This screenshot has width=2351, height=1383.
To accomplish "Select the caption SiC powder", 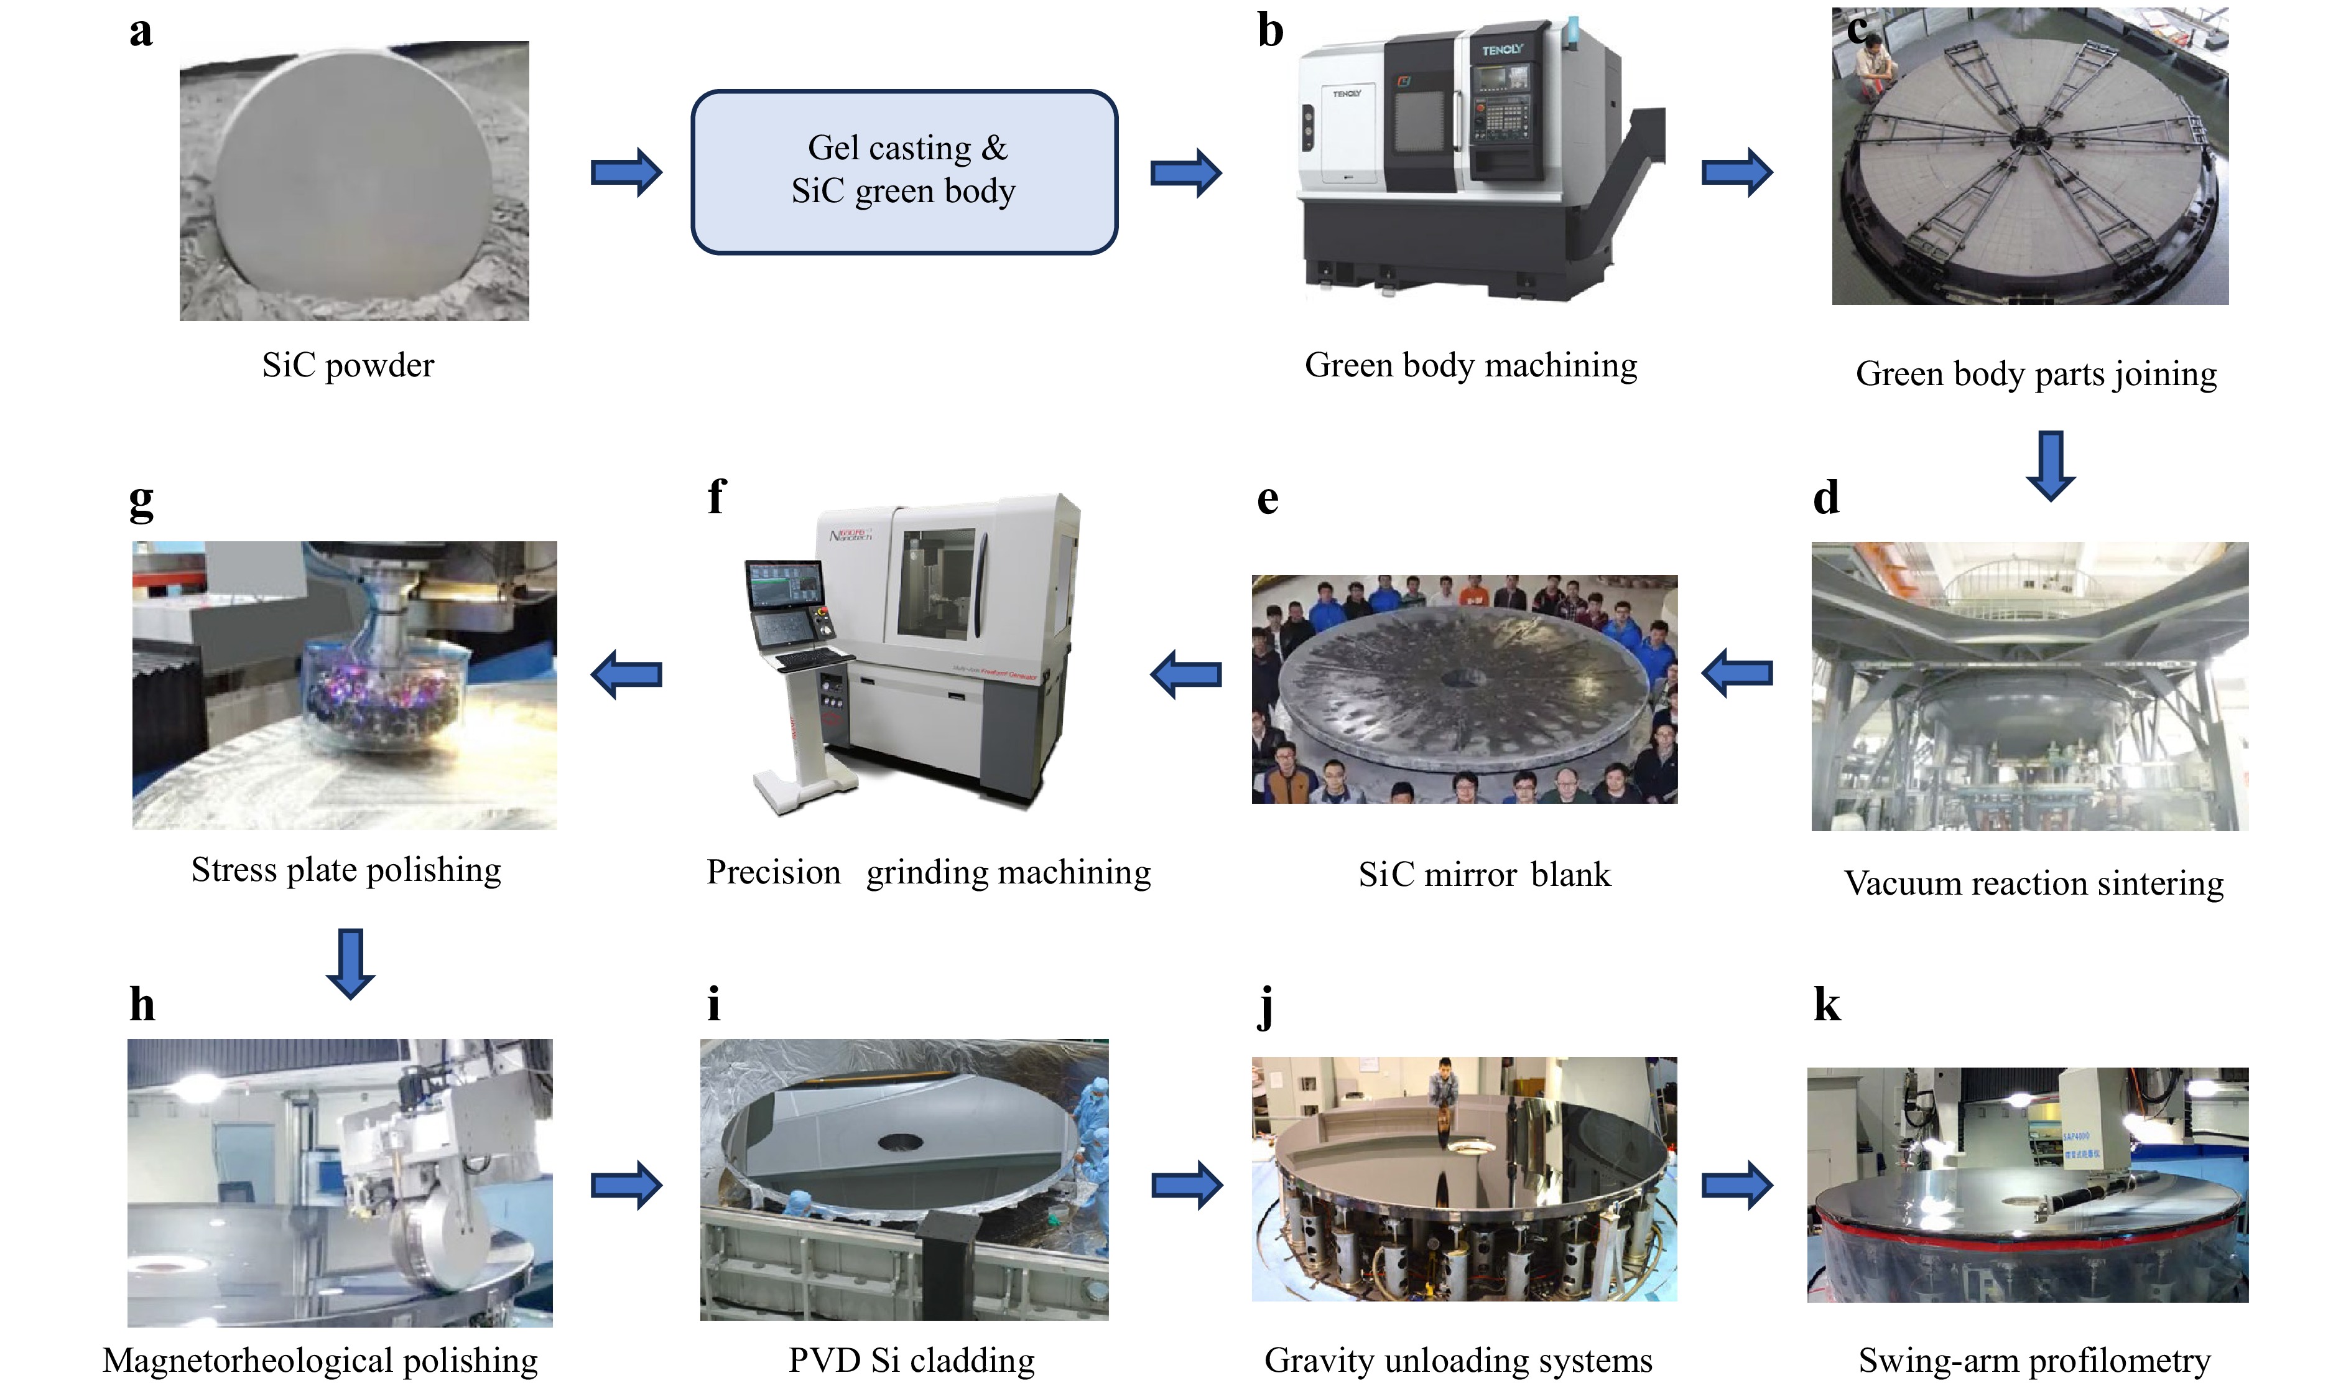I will [x=348, y=365].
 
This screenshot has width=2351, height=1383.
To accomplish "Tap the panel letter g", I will [x=141, y=502].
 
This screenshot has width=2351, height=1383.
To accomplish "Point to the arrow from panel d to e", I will [x=1737, y=673].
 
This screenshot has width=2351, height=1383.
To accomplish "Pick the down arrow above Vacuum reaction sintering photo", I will [x=2050, y=465].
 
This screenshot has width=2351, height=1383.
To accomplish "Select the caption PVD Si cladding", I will [x=912, y=1361].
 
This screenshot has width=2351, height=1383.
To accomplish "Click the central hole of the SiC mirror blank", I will [x=1454, y=678].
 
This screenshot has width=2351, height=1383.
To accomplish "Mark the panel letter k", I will [x=1827, y=1006].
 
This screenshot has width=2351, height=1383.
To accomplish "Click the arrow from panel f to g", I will [x=627, y=673].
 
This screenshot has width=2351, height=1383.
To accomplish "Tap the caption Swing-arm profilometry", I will [x=2034, y=1361].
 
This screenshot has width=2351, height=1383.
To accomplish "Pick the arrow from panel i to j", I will [x=1187, y=1185].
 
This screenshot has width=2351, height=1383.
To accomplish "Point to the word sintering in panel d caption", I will [x=2158, y=883].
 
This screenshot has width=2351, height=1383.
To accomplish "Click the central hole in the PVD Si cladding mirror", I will [x=901, y=1142].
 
